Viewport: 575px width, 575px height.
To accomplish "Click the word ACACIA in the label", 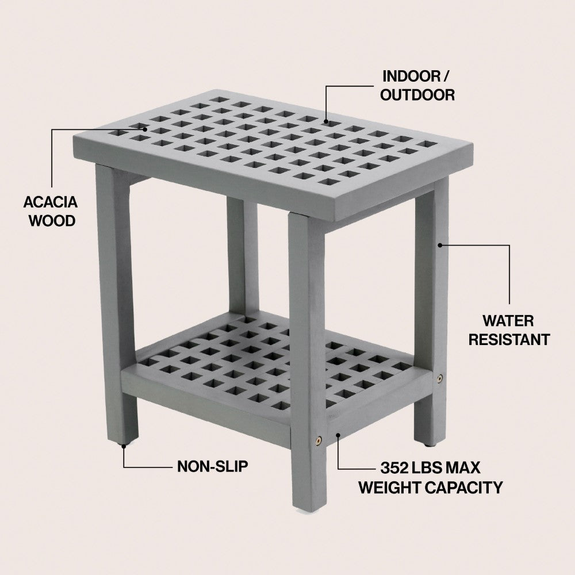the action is [x=51, y=202].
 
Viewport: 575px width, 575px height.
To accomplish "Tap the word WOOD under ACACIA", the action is [x=52, y=221].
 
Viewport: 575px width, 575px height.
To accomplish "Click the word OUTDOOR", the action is [x=417, y=95].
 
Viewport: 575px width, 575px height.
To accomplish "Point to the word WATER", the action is [x=508, y=321].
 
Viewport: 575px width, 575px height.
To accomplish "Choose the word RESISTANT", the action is [x=509, y=340].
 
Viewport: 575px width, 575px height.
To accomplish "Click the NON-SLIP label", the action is [x=213, y=466].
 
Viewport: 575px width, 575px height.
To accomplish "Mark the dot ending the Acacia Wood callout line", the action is [x=145, y=129].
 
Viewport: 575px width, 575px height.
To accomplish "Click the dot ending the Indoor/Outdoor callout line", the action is [x=326, y=121].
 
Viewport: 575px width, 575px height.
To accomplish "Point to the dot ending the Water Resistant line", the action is [x=440, y=245].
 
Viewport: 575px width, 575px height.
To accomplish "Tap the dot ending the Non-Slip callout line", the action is [x=124, y=446].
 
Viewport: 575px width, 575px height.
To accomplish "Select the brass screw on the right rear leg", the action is [x=439, y=377].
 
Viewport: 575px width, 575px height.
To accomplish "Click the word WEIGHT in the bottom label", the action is [x=390, y=488].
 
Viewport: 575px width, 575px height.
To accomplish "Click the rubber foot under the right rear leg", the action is [x=428, y=445].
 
